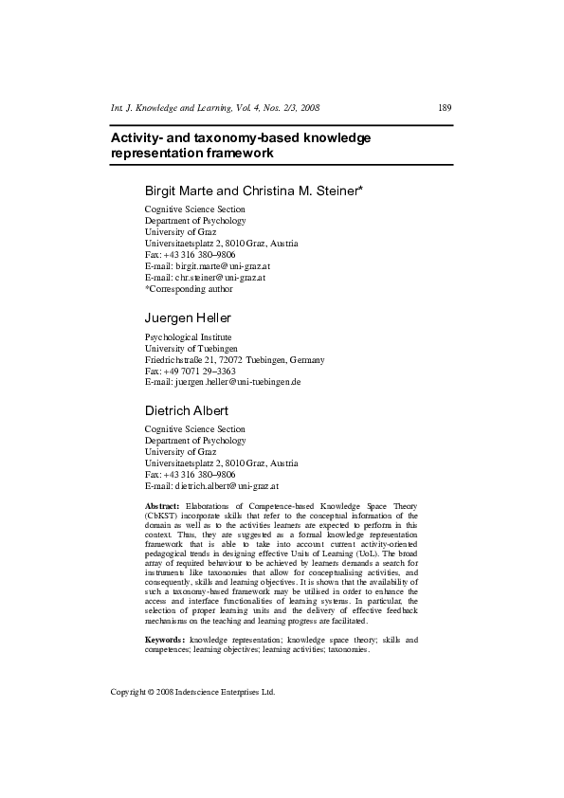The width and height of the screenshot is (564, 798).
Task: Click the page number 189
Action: click(x=444, y=107)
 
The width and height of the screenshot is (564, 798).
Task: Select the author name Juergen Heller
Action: click(x=188, y=317)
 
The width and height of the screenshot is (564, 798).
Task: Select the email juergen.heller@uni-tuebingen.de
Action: click(x=236, y=381)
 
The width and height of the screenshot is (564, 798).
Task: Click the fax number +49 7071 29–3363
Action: click(x=192, y=371)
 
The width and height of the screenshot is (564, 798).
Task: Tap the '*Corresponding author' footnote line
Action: click(x=188, y=289)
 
